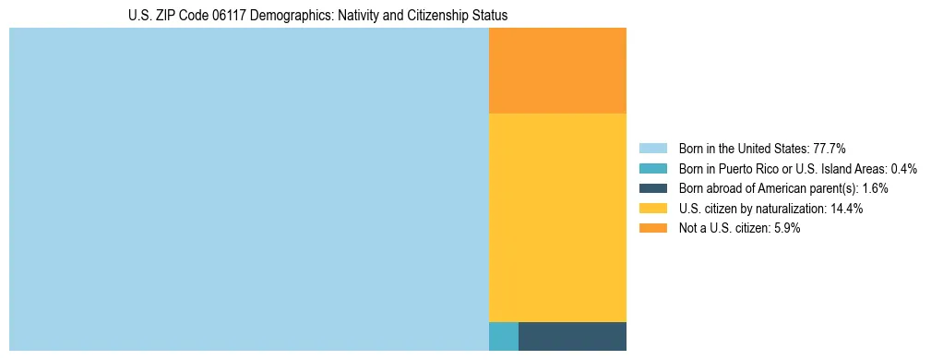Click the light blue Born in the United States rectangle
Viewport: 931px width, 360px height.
tap(248, 189)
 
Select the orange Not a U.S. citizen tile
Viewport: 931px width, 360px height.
tap(557, 70)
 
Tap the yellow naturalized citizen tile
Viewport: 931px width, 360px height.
tap(557, 217)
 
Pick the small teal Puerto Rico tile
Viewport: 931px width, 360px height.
tap(503, 336)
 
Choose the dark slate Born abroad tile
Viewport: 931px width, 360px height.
tap(572, 336)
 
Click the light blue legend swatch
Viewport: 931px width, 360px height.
tap(652, 149)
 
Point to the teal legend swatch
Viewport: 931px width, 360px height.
tap(652, 169)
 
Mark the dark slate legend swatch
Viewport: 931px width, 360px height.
tap(652, 188)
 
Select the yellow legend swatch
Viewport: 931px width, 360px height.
tap(652, 209)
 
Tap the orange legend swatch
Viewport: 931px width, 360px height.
tap(652, 228)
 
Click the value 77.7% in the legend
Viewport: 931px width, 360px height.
tap(830, 149)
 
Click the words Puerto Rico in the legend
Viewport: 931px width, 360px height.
tap(753, 169)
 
